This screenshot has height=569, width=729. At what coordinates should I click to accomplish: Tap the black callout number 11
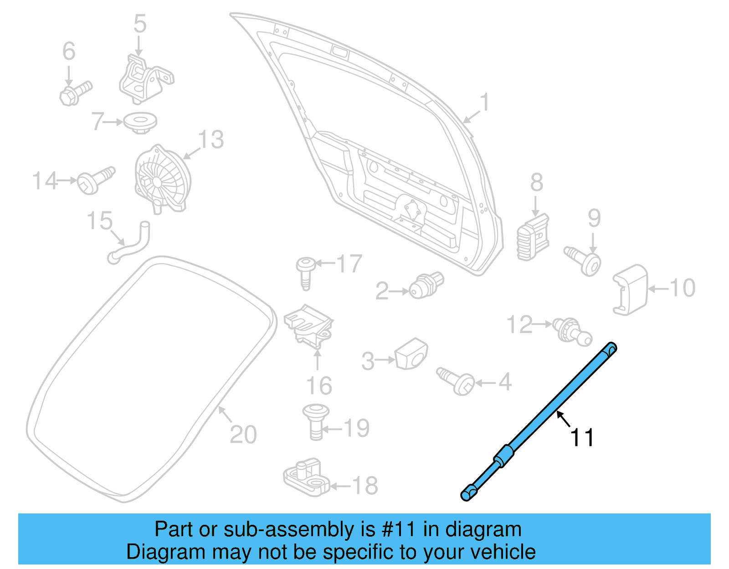[x=582, y=438]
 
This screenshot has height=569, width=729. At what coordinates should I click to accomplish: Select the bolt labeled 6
[x=76, y=93]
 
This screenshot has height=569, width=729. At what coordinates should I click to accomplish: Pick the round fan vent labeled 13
[x=162, y=180]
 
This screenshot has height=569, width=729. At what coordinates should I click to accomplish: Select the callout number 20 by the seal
[x=243, y=434]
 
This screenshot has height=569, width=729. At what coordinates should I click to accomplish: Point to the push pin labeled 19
[x=316, y=421]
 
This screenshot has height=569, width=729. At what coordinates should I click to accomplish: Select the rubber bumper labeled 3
[x=411, y=354]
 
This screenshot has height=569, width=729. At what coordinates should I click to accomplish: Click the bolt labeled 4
[x=457, y=381]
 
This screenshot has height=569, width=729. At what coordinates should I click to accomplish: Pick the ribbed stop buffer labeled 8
[x=533, y=238]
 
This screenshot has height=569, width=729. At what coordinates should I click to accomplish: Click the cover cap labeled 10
[x=630, y=290]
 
